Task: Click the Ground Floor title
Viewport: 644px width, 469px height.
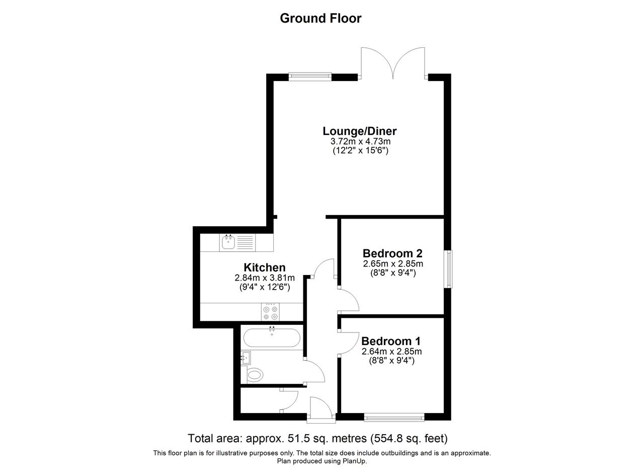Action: tap(320, 19)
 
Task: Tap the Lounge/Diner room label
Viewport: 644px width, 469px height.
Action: tap(359, 131)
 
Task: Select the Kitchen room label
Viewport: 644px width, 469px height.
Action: tap(265, 267)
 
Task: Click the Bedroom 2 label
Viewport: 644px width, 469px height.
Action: tap(392, 253)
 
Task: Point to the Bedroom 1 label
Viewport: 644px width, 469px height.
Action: tap(391, 341)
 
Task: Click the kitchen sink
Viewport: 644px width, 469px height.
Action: tap(237, 242)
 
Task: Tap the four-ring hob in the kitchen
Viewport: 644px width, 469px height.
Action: tap(270, 312)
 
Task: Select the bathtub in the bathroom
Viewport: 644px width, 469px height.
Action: tap(272, 337)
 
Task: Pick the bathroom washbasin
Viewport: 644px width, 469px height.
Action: tap(246, 358)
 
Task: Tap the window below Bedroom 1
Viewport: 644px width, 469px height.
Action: tap(394, 417)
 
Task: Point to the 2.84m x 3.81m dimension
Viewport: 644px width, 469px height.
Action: tap(265, 278)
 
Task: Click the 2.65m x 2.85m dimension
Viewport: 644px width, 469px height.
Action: tap(393, 263)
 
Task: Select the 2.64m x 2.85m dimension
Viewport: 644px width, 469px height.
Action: tap(391, 352)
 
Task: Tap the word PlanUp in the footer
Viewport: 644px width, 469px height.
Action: tap(354, 461)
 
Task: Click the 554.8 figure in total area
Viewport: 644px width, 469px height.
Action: tap(385, 438)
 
